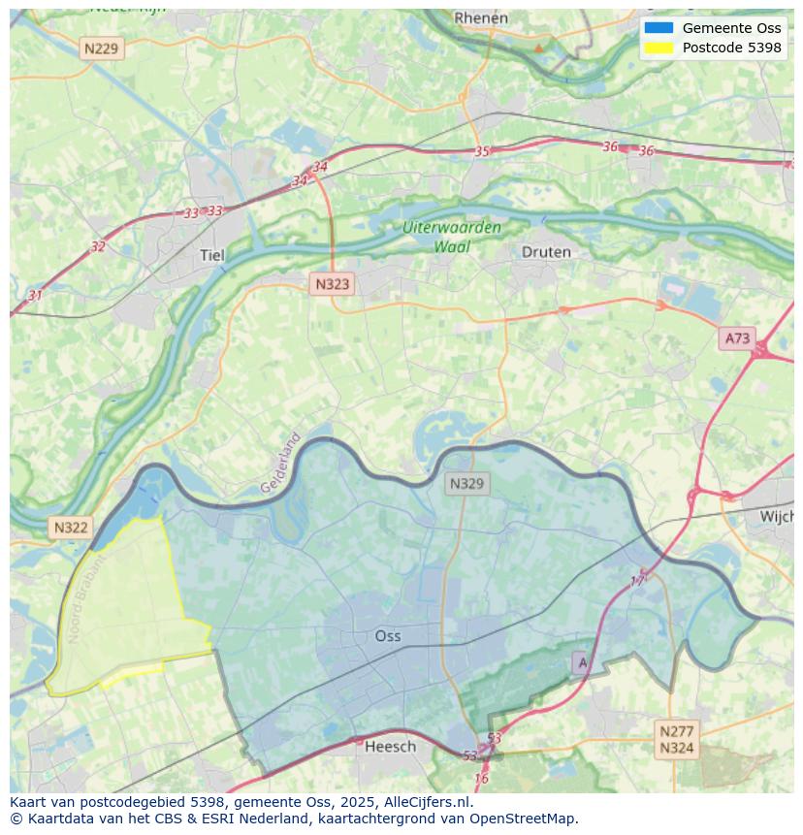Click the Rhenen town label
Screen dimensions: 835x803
(481, 17)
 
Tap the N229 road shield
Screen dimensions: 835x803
(102, 48)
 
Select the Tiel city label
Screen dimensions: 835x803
(211, 255)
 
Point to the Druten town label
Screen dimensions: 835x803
(546, 252)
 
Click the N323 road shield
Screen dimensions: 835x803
(332, 284)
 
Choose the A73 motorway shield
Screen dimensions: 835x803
(737, 338)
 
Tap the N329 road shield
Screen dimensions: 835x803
(466, 483)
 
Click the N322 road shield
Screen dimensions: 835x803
(71, 528)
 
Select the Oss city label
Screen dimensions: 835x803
(388, 636)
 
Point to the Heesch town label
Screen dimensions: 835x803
(390, 746)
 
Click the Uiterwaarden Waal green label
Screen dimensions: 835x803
(452, 237)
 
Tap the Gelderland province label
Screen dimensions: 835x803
(281, 463)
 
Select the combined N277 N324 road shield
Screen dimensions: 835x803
(676, 739)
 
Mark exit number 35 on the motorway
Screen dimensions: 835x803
(482, 151)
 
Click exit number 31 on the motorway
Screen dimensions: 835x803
(35, 295)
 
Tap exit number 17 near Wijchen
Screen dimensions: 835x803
(637, 580)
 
